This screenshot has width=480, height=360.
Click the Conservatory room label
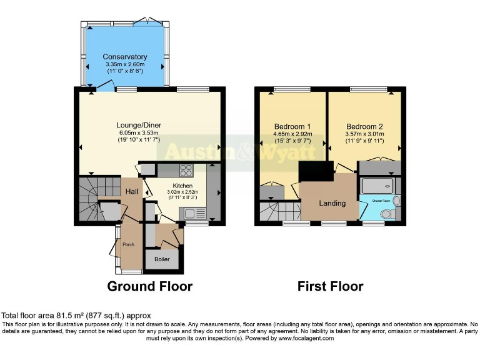[125, 57]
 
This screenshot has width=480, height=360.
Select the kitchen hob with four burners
[186, 169]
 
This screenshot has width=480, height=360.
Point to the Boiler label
[162, 259]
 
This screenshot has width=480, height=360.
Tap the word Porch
[129, 244]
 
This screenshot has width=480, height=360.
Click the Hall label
[132, 191]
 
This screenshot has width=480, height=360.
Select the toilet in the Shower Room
[387, 214]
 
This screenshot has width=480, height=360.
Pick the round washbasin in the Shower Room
[397, 201]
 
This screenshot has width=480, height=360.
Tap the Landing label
[332, 203]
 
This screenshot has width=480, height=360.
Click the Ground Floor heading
[150, 286]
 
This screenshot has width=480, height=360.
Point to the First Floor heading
[330, 286]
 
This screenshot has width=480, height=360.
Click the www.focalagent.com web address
[302, 338]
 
